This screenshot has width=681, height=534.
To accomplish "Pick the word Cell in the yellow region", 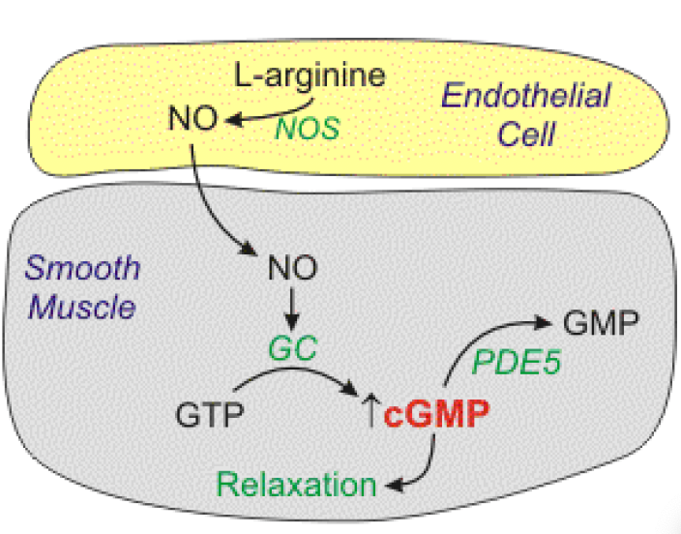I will pyautogui.click(x=526, y=133).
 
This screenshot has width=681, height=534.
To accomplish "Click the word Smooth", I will pyautogui.click(x=83, y=268).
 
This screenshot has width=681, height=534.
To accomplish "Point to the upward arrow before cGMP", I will pyautogui.click(x=369, y=416).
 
